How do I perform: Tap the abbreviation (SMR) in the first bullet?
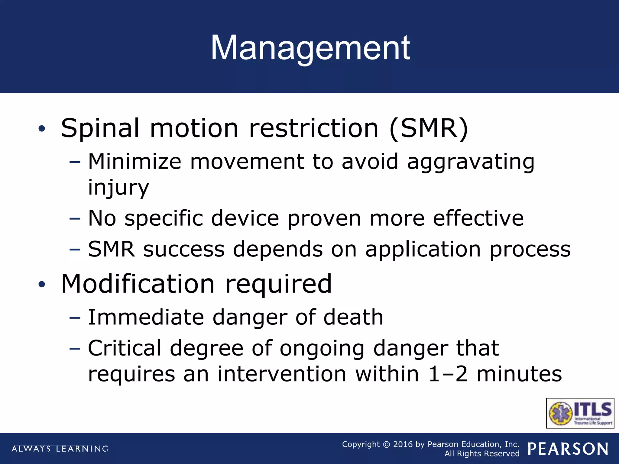(429, 128)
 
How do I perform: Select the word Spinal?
(100, 128)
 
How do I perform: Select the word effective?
(478, 218)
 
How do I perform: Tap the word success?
(184, 250)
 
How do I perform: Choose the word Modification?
(138, 284)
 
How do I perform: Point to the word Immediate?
(146, 317)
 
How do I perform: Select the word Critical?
(125, 348)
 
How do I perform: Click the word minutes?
(519, 374)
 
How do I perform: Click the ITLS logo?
(580, 413)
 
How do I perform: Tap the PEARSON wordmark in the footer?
(568, 449)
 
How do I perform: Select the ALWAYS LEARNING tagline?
(60, 449)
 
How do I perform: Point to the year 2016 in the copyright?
(403, 444)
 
